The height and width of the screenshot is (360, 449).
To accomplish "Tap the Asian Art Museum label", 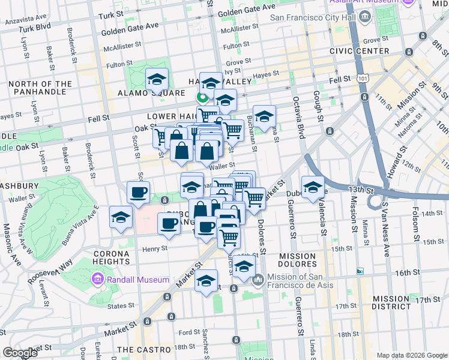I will click(x=363, y=3).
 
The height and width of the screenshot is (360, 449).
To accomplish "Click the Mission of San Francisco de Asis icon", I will click(x=258, y=280).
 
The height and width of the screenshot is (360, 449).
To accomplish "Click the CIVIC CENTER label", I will click(x=359, y=51).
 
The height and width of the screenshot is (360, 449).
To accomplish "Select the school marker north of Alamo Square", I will click(x=157, y=79).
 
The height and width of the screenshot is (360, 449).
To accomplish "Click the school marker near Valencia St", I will click(x=313, y=187).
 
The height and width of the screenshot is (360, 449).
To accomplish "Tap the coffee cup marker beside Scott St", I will click(x=139, y=193).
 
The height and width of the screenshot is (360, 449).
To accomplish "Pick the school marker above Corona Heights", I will click(x=121, y=217).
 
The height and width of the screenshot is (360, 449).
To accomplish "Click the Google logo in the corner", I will click(x=20, y=353).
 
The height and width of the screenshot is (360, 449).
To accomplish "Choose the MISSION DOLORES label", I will click(x=297, y=260).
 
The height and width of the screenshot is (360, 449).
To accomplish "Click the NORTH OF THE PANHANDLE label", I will click(x=40, y=88).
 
